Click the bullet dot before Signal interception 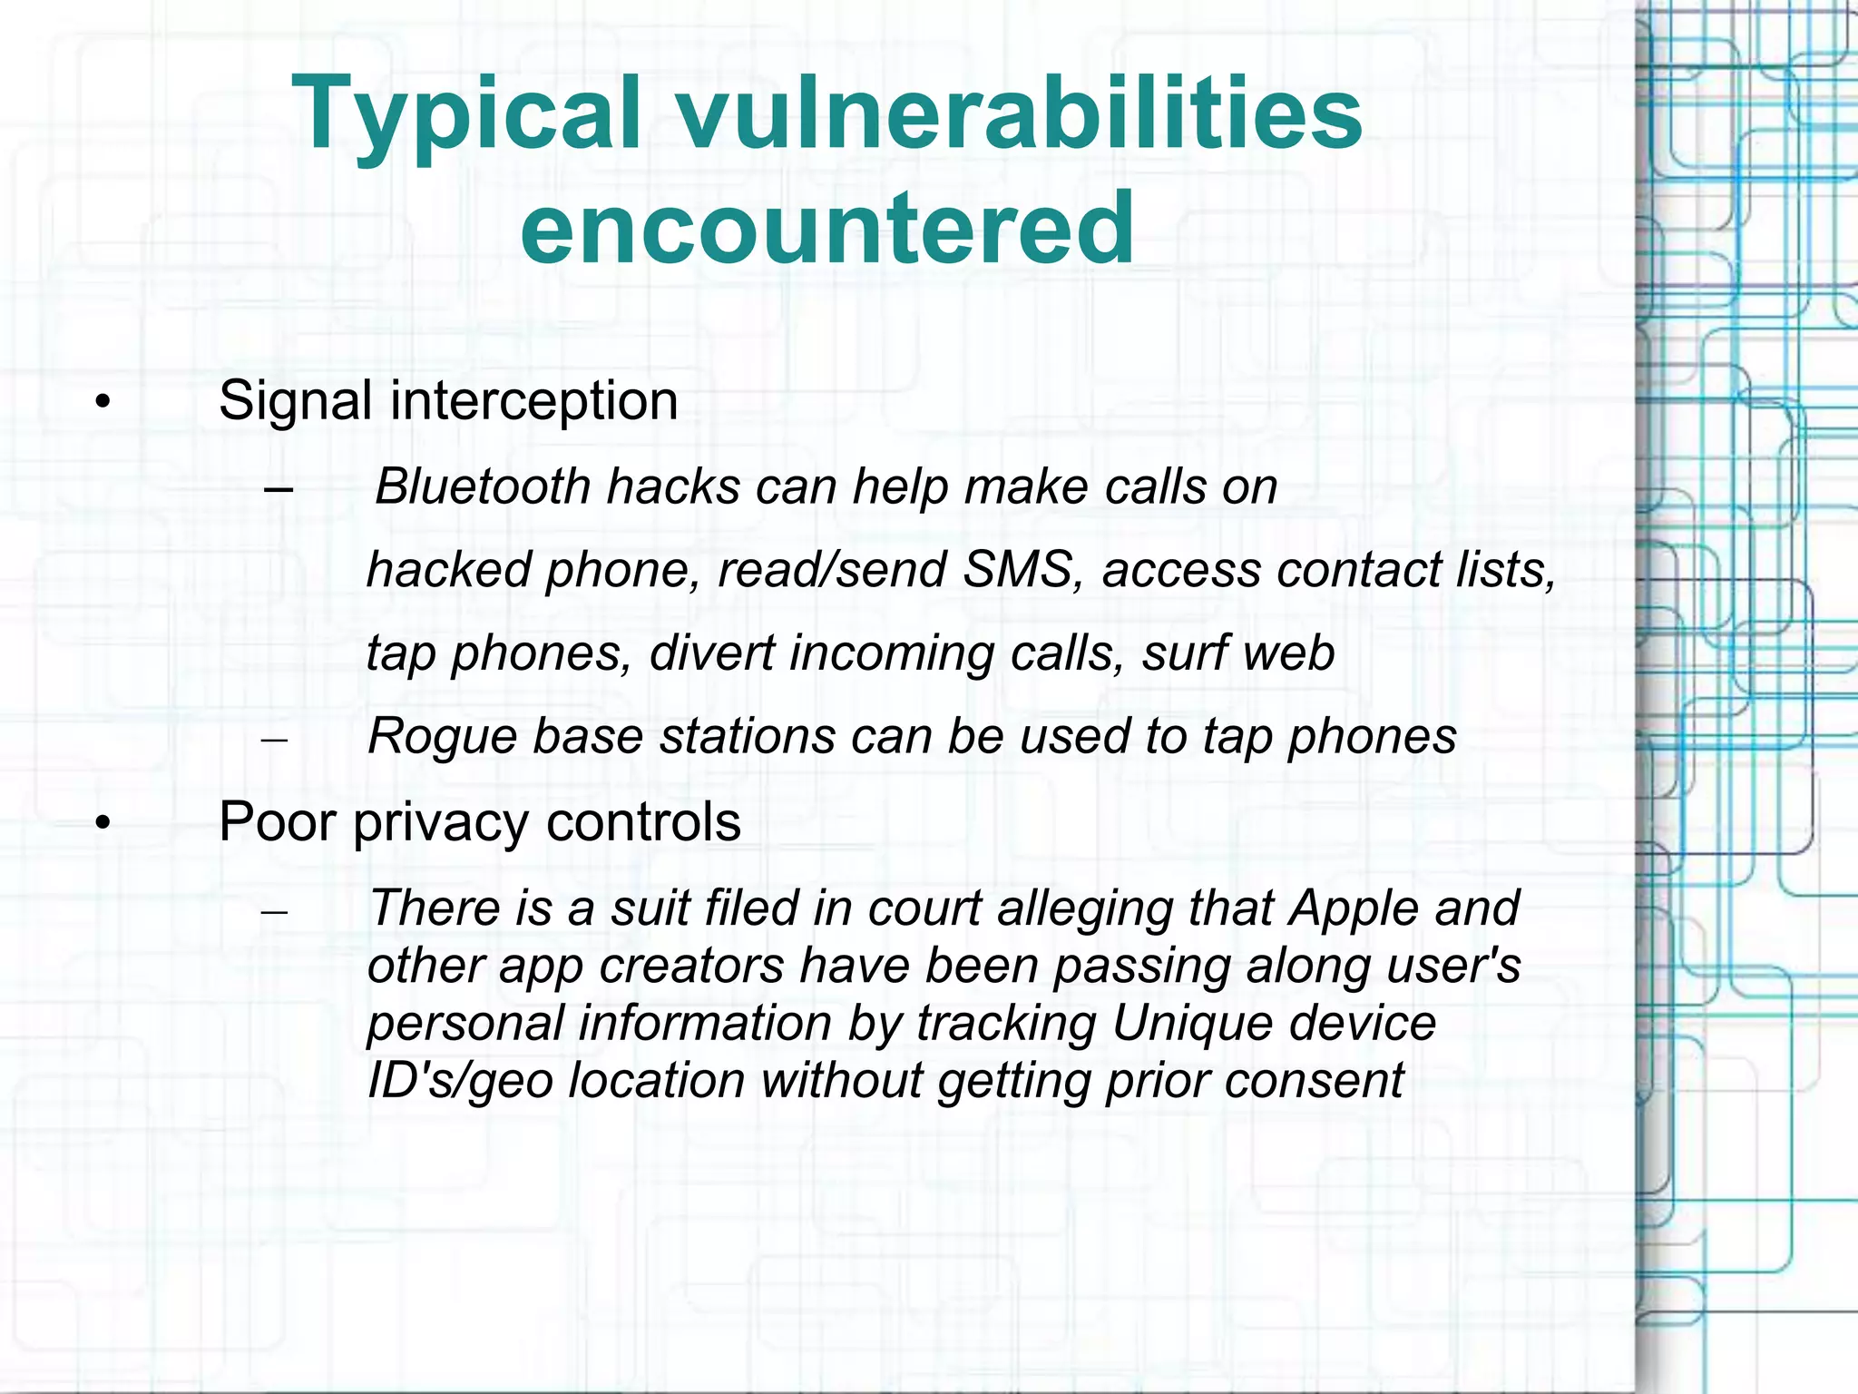coord(103,402)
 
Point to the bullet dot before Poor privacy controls coord(103,823)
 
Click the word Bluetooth coord(483,486)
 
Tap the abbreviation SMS coord(1017,570)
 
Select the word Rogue coord(441,736)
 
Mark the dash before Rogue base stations coord(274,740)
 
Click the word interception coord(533,401)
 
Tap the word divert coord(712,653)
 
